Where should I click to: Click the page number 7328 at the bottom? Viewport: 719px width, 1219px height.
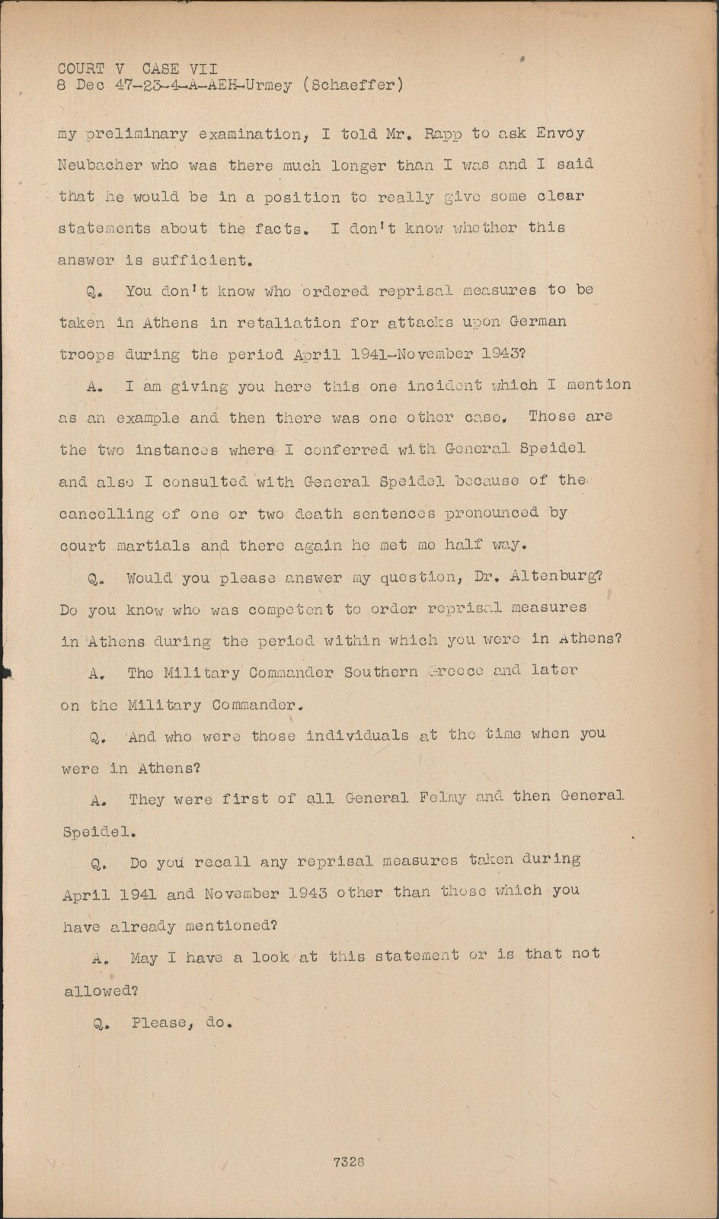point(349,1163)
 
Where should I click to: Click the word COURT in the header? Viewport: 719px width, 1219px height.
point(81,69)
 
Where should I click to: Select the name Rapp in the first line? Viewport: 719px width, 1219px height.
point(442,134)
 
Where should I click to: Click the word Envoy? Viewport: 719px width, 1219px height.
point(560,134)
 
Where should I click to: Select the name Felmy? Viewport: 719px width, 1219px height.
point(443,798)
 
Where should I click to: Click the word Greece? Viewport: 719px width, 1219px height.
point(455,672)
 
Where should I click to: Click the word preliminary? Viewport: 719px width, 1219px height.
point(138,135)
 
